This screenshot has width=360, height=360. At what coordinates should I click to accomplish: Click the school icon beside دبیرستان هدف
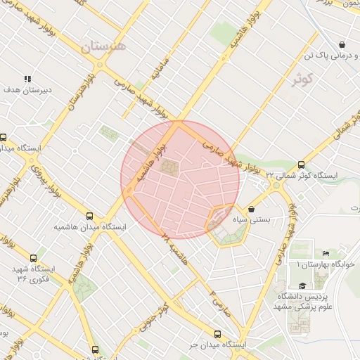27,79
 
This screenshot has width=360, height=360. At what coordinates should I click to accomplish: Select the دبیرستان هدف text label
24,90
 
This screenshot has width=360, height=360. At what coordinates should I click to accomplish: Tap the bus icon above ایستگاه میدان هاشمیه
89,216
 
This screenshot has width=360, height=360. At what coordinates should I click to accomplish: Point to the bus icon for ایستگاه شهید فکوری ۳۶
33,259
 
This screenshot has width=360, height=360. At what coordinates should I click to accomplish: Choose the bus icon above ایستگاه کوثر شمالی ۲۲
302,164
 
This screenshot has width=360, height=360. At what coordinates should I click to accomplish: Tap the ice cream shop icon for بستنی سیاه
252,209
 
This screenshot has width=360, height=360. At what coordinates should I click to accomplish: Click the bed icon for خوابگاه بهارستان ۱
325,253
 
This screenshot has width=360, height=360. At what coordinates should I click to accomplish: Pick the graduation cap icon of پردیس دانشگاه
302,285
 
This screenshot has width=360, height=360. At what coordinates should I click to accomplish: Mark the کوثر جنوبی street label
165,314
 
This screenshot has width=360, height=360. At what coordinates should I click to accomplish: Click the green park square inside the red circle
170,167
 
